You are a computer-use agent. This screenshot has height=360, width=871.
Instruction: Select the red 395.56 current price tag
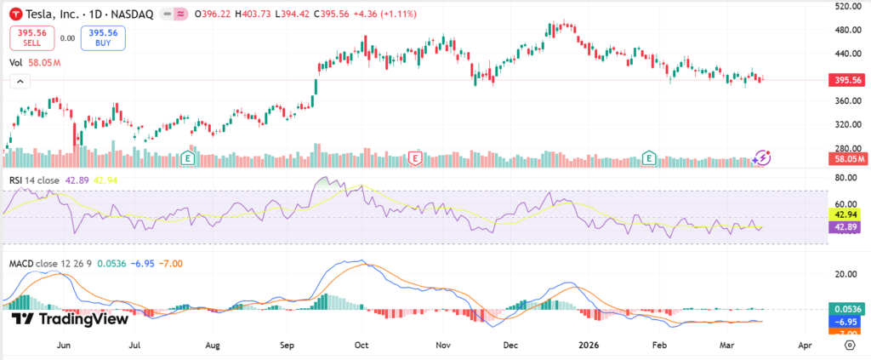click(847, 80)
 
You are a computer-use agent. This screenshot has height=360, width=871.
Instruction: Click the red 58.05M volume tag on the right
click(847, 158)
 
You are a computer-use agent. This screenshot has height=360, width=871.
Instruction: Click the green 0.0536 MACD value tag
click(847, 310)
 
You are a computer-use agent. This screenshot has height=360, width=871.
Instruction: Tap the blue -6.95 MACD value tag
click(847, 323)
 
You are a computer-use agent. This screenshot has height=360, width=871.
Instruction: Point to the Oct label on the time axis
click(361, 346)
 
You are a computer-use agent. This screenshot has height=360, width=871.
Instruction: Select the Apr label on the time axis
click(806, 346)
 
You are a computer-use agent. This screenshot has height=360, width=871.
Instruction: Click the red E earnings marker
click(416, 157)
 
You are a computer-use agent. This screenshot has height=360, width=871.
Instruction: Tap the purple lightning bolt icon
click(762, 157)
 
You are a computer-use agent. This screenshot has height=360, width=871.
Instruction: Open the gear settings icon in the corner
click(850, 346)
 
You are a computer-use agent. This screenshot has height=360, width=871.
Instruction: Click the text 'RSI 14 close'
click(35, 180)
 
